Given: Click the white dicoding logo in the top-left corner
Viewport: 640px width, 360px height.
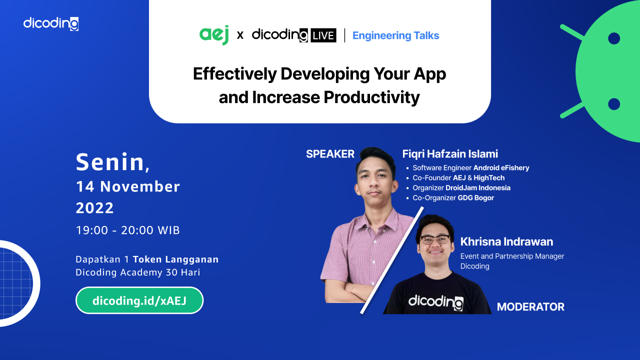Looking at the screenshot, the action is point(51,23).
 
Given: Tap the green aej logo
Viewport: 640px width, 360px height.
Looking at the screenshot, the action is point(214,35).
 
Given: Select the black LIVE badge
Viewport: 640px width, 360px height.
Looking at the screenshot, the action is point(323,35).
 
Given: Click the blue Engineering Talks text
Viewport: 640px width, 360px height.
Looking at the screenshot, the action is point(395,35).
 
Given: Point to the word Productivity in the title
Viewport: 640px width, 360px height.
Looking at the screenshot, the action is point(371,97).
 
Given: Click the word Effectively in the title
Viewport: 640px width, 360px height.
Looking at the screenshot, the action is point(235,74).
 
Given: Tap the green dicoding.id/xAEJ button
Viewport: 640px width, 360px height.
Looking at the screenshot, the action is point(139,300).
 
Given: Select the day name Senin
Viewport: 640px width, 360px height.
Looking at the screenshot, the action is point(110,162).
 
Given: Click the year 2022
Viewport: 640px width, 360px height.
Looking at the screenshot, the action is point(95,207).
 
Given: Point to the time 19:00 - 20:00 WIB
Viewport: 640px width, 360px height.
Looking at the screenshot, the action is point(127,230).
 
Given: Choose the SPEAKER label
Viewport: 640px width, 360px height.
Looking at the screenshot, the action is point(330,154).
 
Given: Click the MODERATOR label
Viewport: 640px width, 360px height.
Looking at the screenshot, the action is point(530,307).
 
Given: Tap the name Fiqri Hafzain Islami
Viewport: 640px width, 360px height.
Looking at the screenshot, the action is point(450,153).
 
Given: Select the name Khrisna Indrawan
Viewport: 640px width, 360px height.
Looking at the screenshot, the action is point(506,241).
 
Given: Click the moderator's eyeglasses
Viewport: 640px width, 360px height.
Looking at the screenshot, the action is point(435,239).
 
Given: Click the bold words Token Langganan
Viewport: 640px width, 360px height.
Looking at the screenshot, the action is point(175,259).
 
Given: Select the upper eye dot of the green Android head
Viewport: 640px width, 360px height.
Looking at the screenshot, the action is point(614,38).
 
